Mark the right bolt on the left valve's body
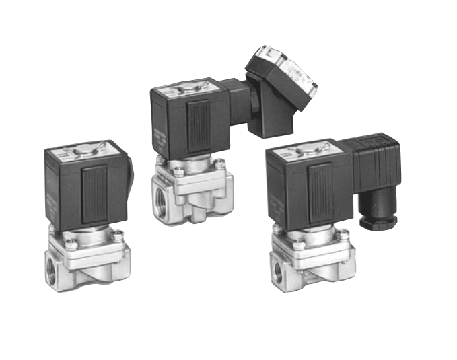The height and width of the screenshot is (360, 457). click(x=118, y=235)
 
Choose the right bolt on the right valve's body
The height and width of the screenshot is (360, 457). click(x=343, y=234)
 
